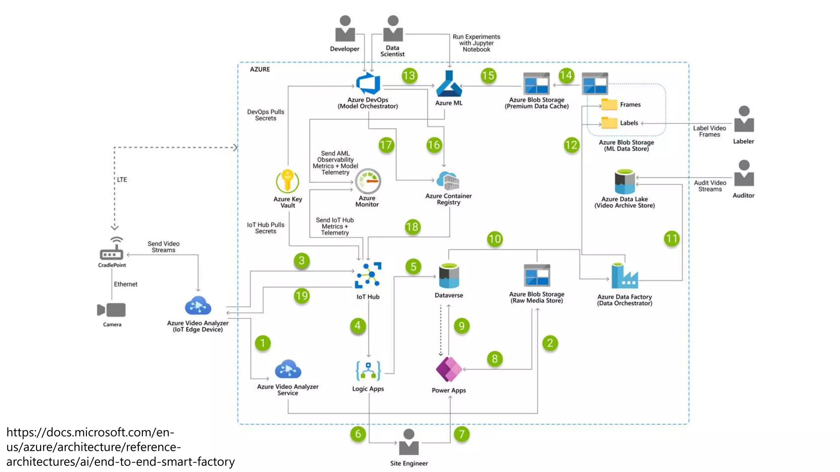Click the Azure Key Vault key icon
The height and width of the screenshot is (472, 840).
pos(287,181)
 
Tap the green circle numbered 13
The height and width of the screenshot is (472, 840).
pos(409,76)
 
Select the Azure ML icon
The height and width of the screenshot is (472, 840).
pos(449,84)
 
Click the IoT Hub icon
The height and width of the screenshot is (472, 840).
pos(368,275)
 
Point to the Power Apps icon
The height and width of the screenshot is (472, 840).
pos(449,369)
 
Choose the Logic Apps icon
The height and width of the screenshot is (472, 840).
pos(368,371)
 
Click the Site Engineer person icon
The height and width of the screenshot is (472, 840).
pos(409,442)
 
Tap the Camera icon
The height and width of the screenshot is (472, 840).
pos(111,310)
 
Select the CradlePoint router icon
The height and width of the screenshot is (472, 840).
pos(112,250)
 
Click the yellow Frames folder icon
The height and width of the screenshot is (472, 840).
pos(609,104)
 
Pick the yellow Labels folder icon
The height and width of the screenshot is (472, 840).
pos(609,123)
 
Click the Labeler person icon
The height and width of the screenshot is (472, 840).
pos(744,120)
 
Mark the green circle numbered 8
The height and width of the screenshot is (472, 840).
pos(495,359)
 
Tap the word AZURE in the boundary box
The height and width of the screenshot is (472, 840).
pos(260,69)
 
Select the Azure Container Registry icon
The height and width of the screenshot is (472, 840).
pos(448,181)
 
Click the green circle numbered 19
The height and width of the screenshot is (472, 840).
pos(301,296)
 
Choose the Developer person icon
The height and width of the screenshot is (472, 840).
pos(345,29)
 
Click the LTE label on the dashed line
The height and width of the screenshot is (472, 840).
pos(122,179)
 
